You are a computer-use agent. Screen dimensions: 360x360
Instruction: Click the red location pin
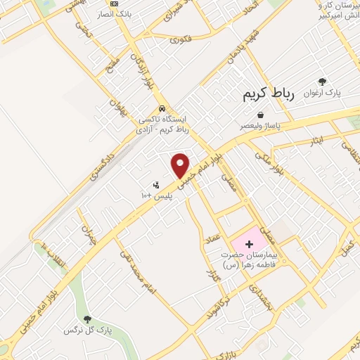(x=181, y=165)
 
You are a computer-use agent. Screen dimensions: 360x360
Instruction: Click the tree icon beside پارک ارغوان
(x=322, y=82)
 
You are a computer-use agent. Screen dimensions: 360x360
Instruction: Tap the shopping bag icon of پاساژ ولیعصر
(x=261, y=115)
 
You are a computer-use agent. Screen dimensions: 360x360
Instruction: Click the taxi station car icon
(x=162, y=109)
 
